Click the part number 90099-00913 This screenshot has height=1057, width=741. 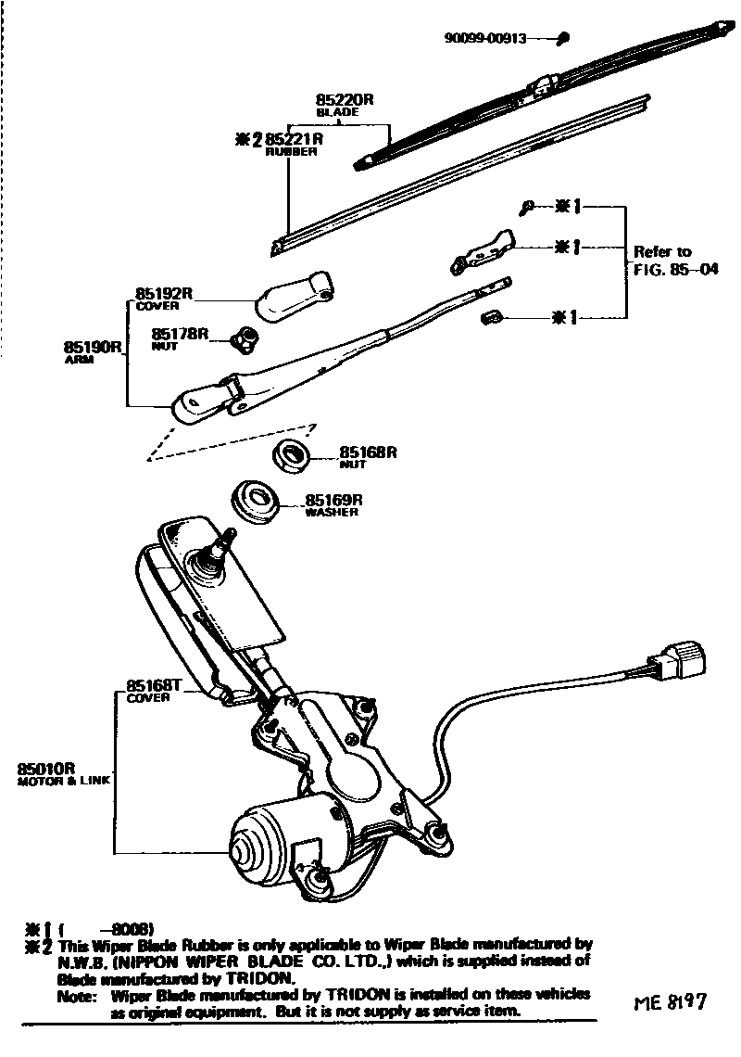[x=485, y=39]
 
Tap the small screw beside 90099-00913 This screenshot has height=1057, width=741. [x=564, y=38]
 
